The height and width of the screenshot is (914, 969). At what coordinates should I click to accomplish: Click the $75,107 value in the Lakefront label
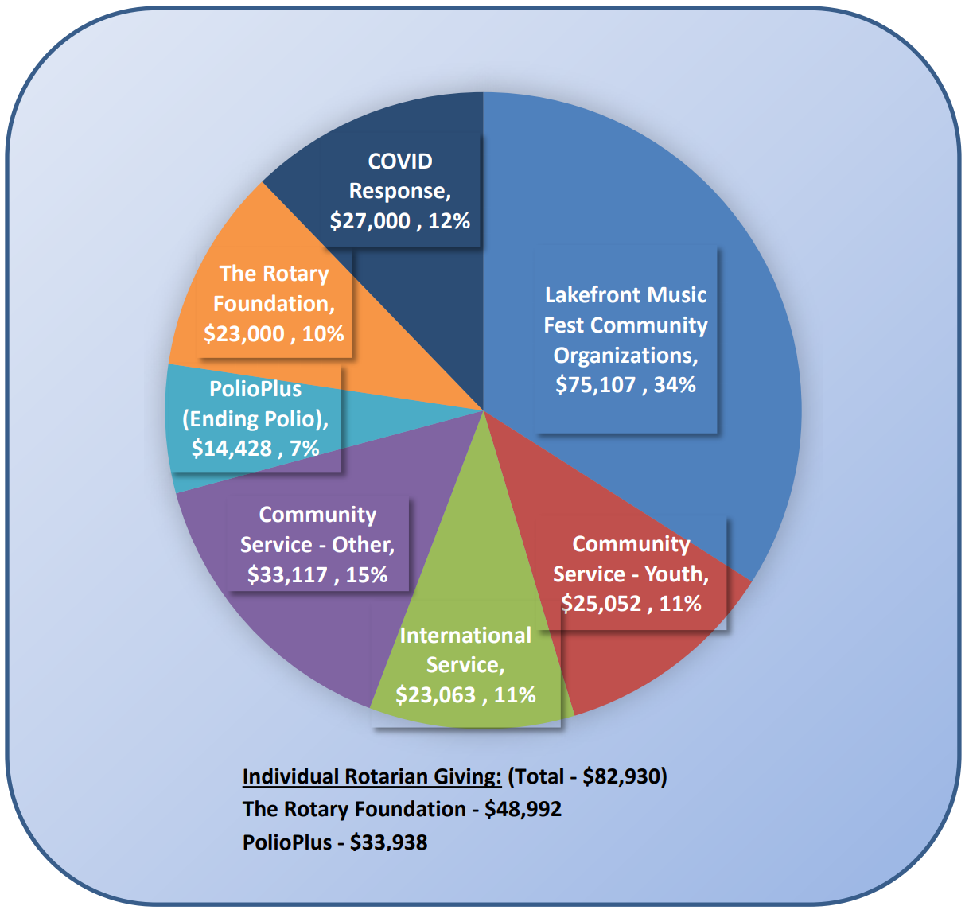point(597,385)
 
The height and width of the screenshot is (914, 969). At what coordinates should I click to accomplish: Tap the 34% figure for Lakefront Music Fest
point(675,385)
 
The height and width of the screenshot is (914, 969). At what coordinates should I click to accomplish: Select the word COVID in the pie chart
point(400,161)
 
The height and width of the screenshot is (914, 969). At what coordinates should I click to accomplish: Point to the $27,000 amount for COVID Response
point(370,221)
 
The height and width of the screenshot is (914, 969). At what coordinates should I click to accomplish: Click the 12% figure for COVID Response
point(449,221)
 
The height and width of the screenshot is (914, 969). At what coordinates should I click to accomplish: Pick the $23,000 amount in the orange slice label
point(244,334)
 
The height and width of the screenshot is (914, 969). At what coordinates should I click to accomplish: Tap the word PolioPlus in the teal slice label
point(255,389)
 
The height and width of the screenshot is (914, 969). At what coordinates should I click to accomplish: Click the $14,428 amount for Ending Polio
point(232,449)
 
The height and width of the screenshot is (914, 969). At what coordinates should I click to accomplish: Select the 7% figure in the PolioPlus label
point(305,449)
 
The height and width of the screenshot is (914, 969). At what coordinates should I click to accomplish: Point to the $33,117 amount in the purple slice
point(287,575)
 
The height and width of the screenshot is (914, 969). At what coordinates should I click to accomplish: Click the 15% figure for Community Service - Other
point(367,575)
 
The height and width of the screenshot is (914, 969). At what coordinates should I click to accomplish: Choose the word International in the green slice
point(465,636)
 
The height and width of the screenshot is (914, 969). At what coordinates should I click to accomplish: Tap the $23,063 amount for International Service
point(435,695)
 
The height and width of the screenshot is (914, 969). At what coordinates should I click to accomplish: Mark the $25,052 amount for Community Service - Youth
point(601,604)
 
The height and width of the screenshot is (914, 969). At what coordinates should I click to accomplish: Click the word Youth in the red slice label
point(676,574)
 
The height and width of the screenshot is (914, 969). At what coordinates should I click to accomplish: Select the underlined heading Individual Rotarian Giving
point(372,776)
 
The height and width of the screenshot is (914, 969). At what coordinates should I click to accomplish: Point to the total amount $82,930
point(625,776)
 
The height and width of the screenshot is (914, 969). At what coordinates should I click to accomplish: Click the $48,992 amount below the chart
point(523,809)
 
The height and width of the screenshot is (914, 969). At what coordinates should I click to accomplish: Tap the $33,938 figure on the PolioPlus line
point(388,842)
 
